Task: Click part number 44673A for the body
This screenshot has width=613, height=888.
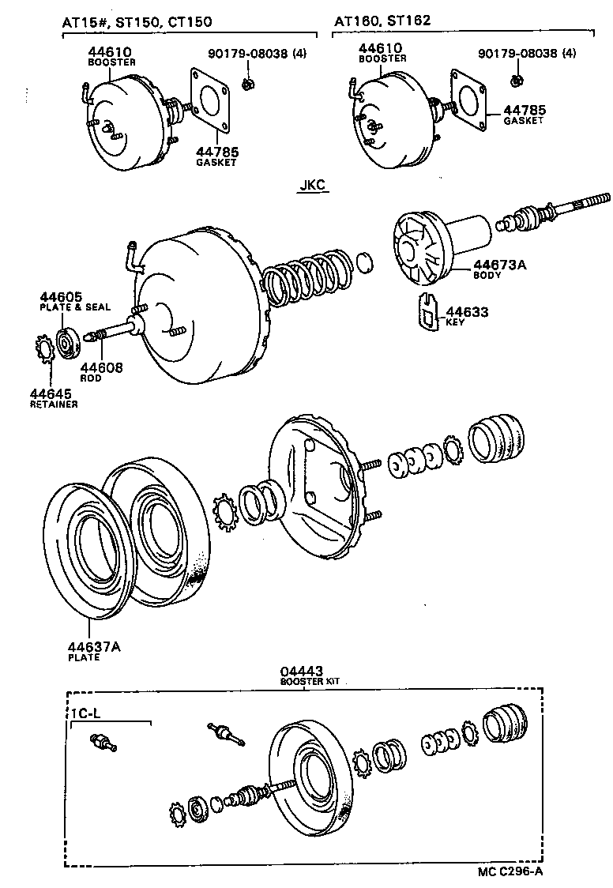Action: pos(499,265)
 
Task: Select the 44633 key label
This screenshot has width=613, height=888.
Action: pos(467,312)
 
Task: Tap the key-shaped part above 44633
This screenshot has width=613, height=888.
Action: pos(427,311)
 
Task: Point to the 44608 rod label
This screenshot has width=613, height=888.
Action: pos(100,367)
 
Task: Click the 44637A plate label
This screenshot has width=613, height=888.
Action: pos(93,646)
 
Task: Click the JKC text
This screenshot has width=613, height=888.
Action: pos(312,186)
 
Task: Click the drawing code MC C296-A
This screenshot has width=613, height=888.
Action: pos(510,871)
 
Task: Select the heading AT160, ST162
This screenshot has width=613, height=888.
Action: pos(382,21)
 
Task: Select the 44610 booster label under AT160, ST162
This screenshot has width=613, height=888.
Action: pos(382,49)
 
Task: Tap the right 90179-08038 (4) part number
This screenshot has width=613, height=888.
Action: pos(527,54)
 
